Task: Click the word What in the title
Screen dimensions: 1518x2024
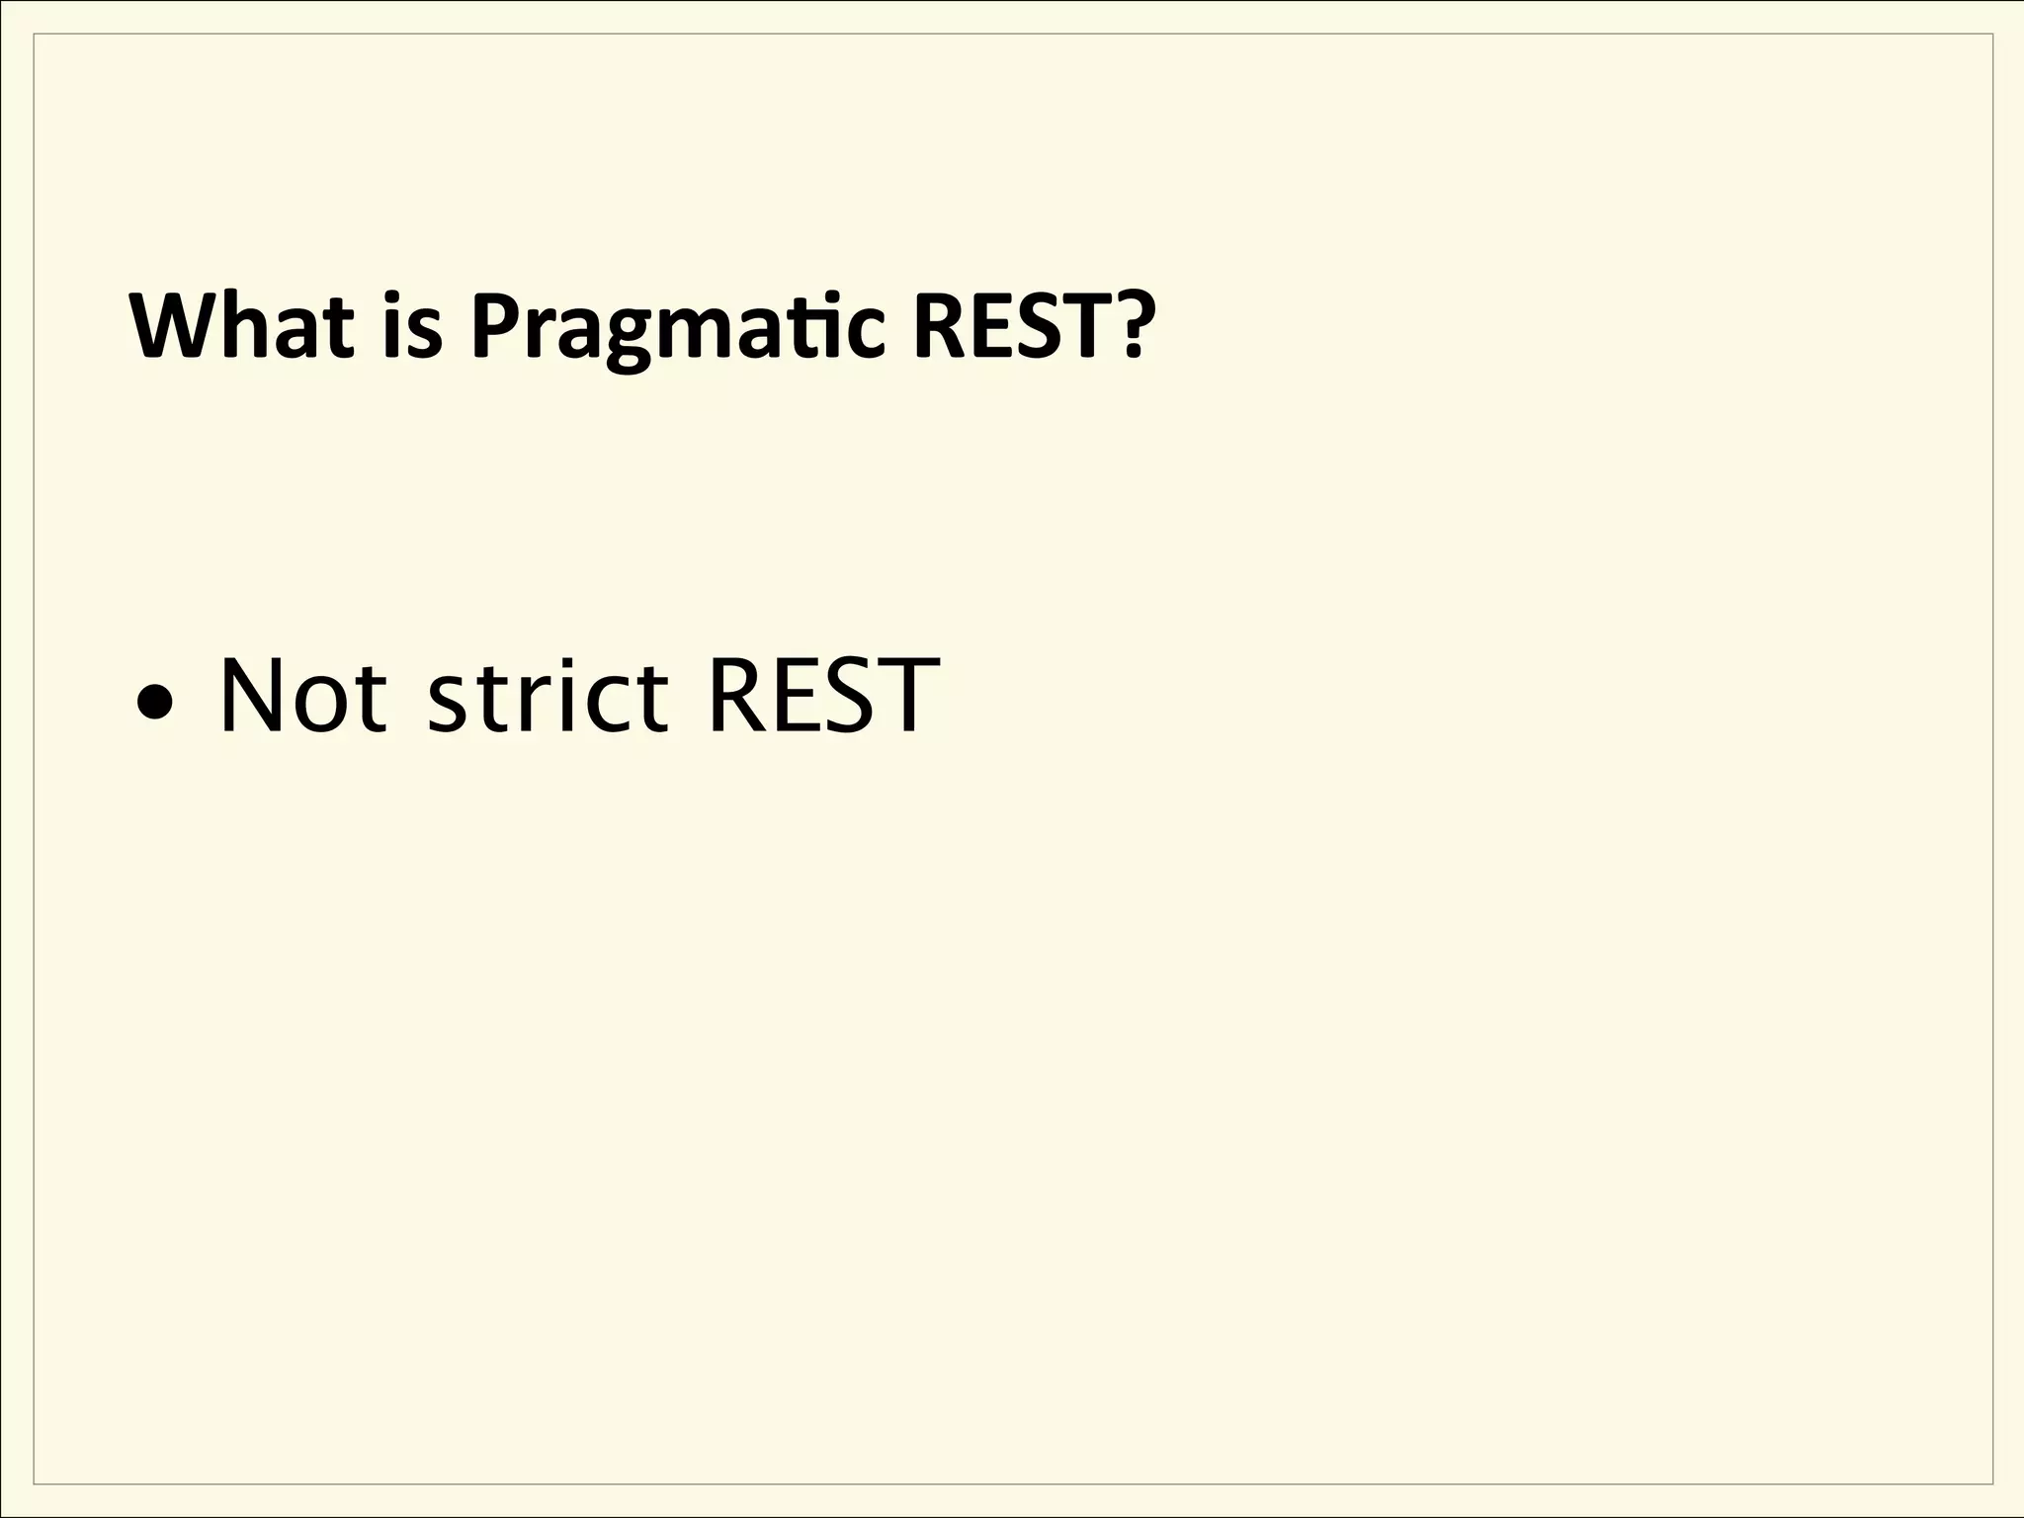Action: coord(242,325)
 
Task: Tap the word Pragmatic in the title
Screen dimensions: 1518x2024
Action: coord(677,327)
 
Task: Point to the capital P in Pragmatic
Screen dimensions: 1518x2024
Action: coord(495,325)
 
